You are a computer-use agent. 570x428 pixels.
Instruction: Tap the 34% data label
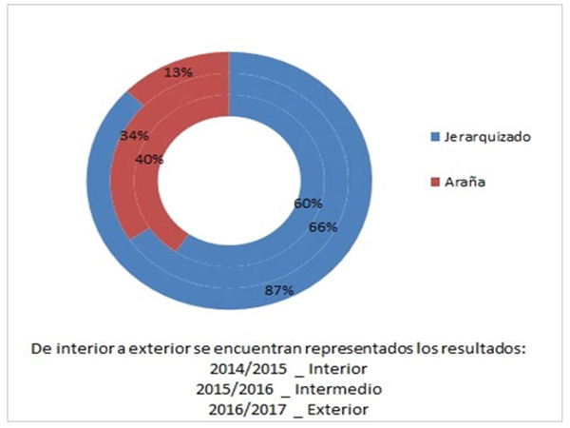(134, 136)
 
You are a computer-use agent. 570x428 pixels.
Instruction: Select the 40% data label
(150, 159)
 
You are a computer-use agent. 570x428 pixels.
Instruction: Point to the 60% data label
(307, 204)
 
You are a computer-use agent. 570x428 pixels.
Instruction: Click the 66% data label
(323, 228)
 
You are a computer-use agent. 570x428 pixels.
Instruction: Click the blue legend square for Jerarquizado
(435, 137)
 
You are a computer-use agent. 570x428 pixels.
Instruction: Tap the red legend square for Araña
(435, 181)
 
